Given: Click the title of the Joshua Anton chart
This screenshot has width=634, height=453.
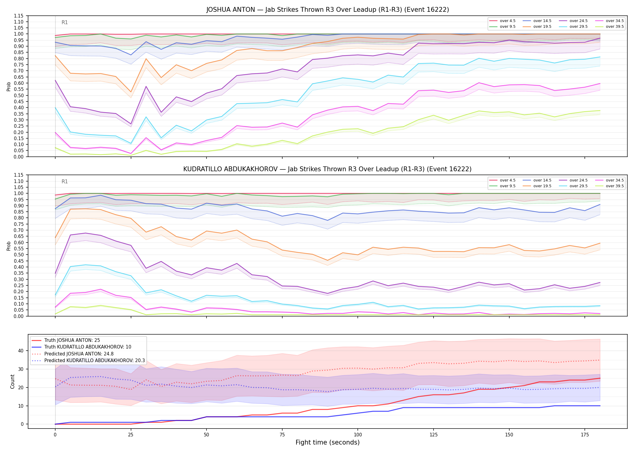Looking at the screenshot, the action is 328,10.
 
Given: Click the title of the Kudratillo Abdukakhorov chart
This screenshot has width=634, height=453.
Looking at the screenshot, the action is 328,169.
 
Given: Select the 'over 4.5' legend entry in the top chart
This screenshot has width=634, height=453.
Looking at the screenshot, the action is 502,21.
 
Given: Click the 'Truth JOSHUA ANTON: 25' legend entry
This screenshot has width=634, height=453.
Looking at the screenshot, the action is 66,340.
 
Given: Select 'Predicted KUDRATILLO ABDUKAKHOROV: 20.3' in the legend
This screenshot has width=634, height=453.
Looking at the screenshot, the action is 88,361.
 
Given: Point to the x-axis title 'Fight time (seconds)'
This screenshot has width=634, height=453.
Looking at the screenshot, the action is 328,442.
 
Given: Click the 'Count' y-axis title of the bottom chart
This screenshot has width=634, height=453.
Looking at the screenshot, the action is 12,381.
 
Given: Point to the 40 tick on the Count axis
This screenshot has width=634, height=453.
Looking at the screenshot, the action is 21,351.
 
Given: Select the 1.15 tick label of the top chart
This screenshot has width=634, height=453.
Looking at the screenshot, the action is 19,16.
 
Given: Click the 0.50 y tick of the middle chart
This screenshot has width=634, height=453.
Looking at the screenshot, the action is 19,255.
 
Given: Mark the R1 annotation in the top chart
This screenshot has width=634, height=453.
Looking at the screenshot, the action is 65,22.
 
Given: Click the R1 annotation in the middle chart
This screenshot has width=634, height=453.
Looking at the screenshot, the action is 65,182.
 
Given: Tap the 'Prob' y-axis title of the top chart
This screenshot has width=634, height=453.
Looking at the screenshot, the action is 9,86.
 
